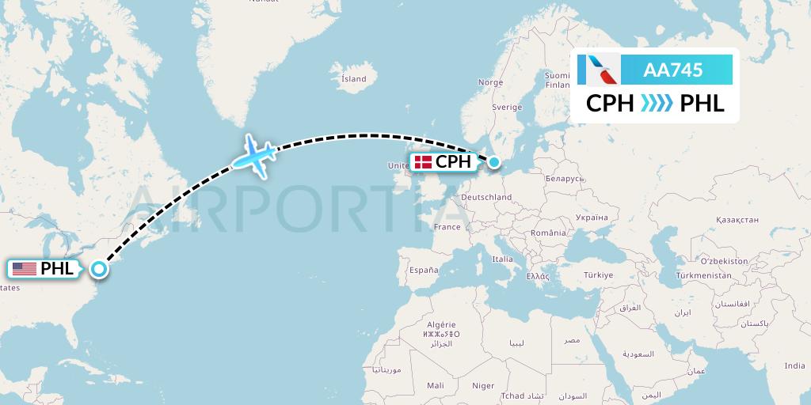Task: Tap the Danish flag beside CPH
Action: coord(423,162)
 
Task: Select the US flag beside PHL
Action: coord(25,269)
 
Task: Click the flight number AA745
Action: coord(673,70)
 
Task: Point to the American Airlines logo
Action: coord(599,70)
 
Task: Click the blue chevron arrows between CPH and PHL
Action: coord(657,104)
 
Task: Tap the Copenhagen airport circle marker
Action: coord(494,162)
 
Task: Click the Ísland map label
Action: coord(353,79)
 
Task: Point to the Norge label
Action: coord(490,82)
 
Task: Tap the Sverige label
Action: coord(507,107)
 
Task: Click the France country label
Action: coord(447,227)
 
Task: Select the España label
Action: coord(424,271)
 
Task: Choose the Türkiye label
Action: coord(598,275)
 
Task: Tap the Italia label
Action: coord(502,259)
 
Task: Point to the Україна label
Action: coord(592,216)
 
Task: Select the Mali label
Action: coord(435,385)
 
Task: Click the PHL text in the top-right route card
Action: coord(702,104)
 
